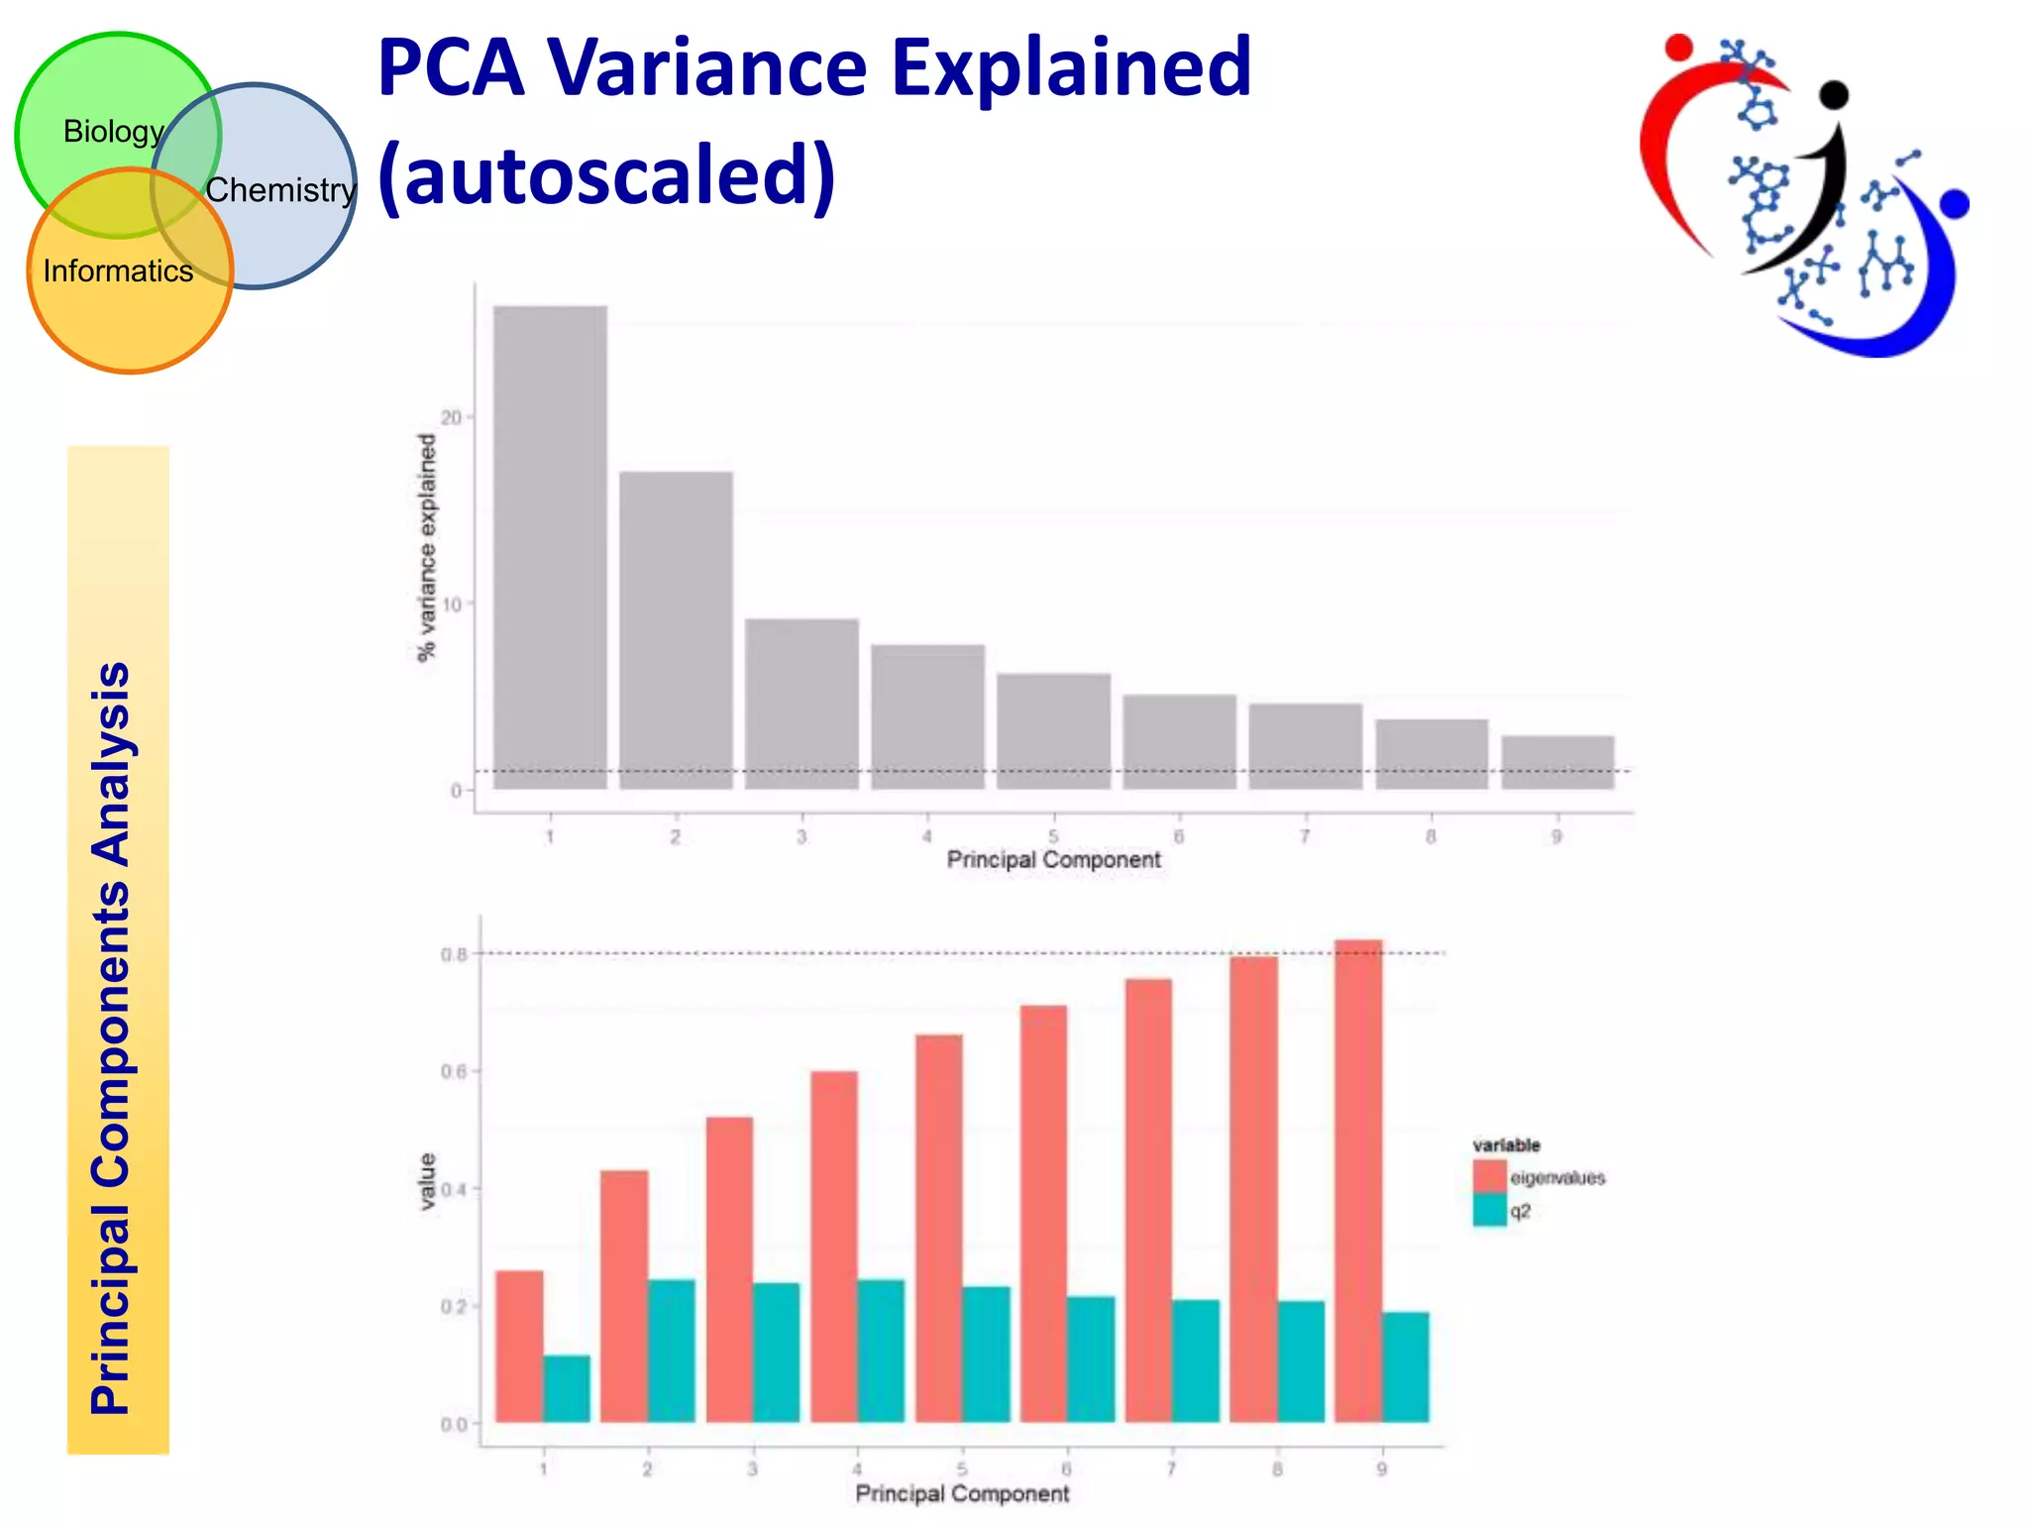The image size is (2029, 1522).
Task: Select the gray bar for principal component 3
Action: pyautogui.click(x=801, y=704)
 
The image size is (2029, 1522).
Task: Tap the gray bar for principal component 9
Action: pyautogui.click(x=1557, y=762)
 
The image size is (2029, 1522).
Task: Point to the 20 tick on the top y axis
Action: pyautogui.click(x=452, y=418)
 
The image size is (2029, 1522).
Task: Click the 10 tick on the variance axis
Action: pyautogui.click(x=452, y=604)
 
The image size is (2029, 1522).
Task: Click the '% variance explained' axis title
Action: pyautogui.click(x=427, y=548)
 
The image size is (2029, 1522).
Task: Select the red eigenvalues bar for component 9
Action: pyautogui.click(x=1357, y=1179)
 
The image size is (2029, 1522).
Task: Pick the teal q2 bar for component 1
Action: pyautogui.click(x=567, y=1388)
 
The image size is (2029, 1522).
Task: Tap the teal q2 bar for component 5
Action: pyautogui.click(x=986, y=1354)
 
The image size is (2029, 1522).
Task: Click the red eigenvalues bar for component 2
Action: pyautogui.click(x=624, y=1296)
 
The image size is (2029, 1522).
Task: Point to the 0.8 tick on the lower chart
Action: pyautogui.click(x=454, y=954)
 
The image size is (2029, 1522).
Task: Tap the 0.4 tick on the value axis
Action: pyautogui.click(x=454, y=1189)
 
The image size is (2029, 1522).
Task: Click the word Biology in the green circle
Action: pyautogui.click(x=113, y=132)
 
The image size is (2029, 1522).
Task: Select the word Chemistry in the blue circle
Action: pyautogui.click(x=280, y=190)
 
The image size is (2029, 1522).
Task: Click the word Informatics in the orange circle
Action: pyautogui.click(x=118, y=272)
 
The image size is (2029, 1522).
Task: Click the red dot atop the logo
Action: pyautogui.click(x=1678, y=47)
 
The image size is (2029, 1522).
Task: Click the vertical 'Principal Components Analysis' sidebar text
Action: pyautogui.click(x=111, y=1037)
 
